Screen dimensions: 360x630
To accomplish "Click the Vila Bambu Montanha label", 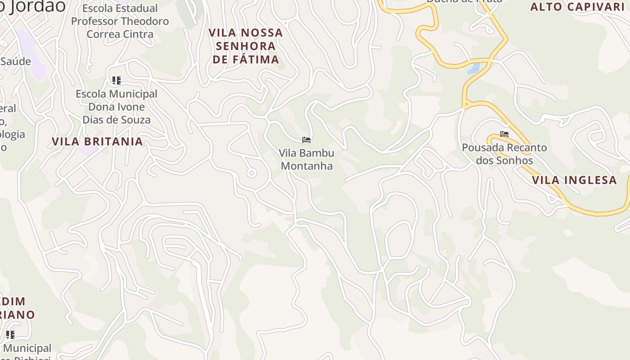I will click(307, 159).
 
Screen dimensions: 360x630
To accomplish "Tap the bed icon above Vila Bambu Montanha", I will click(306, 140).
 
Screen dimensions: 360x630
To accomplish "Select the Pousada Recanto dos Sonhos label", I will click(504, 154).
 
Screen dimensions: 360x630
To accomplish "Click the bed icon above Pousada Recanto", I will click(504, 134).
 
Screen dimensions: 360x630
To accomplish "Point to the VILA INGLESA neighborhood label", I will click(574, 180).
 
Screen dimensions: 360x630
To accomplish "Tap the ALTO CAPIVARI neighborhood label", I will click(577, 7).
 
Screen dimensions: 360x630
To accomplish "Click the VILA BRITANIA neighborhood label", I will click(97, 141).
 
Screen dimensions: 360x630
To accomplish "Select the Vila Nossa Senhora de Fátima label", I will click(246, 46).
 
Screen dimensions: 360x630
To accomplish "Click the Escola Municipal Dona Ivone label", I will click(117, 107).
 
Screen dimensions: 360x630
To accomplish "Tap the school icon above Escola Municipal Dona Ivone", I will click(117, 81).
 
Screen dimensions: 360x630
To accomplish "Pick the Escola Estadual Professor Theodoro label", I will click(120, 21).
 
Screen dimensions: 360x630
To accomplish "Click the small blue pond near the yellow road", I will click(474, 68).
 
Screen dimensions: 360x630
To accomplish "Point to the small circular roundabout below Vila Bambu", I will click(252, 173).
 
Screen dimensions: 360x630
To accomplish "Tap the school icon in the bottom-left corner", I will click(10, 334).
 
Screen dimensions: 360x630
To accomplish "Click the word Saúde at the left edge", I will click(16, 61).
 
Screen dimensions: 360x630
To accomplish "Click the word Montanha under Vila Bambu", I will click(307, 166).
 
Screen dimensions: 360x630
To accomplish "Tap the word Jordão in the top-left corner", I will click(38, 6).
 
